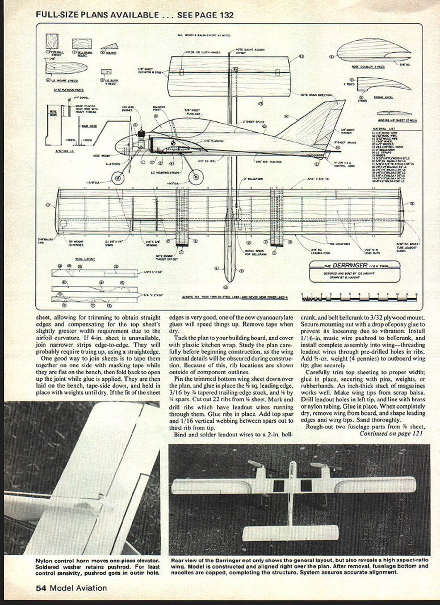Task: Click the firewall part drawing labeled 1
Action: coord(53,41)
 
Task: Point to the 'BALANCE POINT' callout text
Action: coord(158,109)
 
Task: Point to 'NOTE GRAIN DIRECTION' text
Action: coord(316,95)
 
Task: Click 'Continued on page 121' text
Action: coord(392,433)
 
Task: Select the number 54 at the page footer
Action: coord(40,588)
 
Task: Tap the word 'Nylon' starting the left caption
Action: coord(44,560)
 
